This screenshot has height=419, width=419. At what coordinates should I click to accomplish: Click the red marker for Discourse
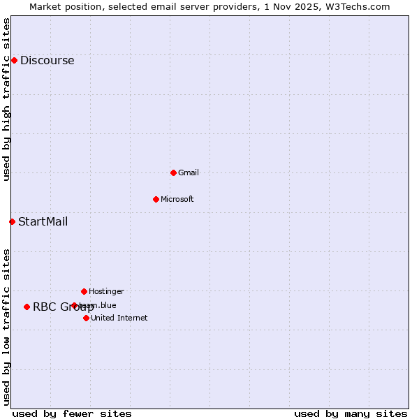(14, 60)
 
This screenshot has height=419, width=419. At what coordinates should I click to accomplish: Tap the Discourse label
(47, 60)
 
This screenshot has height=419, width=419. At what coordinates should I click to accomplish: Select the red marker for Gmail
(173, 172)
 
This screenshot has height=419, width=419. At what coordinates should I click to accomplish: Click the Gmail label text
(189, 172)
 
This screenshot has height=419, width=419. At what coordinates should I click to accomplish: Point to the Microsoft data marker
(156, 199)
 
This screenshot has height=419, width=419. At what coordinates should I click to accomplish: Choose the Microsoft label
(177, 199)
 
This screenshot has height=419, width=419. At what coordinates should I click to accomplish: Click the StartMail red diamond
(12, 221)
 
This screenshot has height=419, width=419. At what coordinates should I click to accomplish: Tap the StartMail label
(43, 222)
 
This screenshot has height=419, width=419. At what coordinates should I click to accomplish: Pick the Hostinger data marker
(84, 291)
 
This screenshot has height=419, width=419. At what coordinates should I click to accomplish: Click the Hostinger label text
(106, 291)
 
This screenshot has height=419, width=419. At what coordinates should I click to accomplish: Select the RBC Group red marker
(27, 307)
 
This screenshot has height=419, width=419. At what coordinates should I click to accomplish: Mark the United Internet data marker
(86, 318)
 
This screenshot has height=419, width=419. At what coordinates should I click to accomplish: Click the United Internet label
(119, 318)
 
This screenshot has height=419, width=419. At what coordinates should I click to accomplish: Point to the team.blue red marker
(74, 305)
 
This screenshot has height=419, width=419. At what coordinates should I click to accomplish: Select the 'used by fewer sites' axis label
(72, 413)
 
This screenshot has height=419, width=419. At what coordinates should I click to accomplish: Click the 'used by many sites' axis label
(351, 413)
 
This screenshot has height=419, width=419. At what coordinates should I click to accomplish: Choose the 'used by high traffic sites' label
(6, 99)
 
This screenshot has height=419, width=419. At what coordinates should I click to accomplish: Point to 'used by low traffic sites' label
(6, 327)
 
